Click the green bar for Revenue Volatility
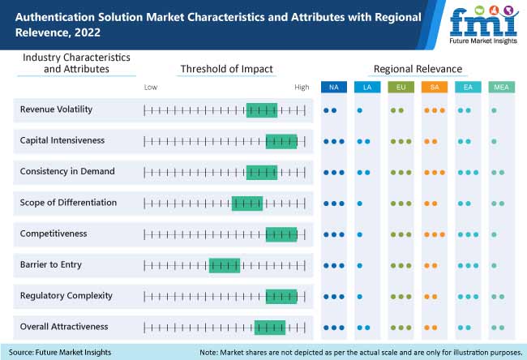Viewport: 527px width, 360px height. point(261,109)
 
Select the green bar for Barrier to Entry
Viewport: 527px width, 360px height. point(225,265)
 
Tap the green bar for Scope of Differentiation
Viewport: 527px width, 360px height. point(246,203)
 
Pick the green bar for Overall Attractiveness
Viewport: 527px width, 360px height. point(269,328)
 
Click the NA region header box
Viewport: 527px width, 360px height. point(333,87)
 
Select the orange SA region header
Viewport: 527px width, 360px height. point(434,87)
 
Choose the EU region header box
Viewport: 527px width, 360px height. point(400,87)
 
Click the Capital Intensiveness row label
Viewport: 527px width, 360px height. point(62,140)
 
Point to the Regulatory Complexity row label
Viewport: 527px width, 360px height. point(66,296)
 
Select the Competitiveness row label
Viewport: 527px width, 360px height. point(54,234)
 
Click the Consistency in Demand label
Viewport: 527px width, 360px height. point(67,172)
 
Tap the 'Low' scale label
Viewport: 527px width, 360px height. point(151,87)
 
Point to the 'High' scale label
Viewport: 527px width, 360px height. point(302,87)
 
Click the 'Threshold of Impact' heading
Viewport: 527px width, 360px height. point(226,69)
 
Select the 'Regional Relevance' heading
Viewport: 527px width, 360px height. point(417,69)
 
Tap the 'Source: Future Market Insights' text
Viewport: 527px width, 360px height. point(61,352)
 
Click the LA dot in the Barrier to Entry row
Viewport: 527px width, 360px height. point(360,265)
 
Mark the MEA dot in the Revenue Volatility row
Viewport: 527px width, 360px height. point(495,109)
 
